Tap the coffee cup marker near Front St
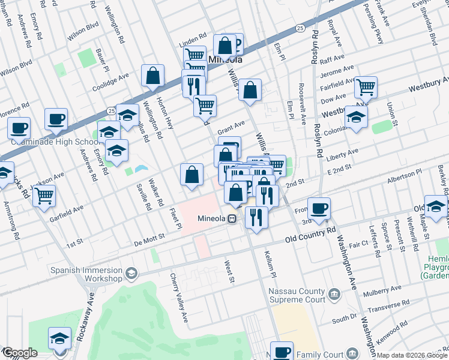click(319, 208)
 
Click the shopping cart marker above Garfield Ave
click(44, 196)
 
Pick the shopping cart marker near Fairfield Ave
click(365, 88)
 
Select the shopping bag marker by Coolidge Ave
click(153, 76)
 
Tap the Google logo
click(19, 353)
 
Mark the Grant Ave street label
click(231, 127)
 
